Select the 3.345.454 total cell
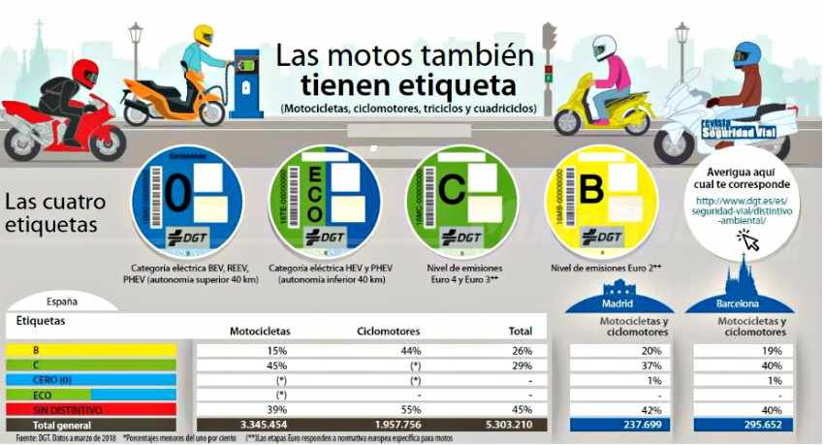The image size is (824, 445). (257, 424)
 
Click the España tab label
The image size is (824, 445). (62, 302)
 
